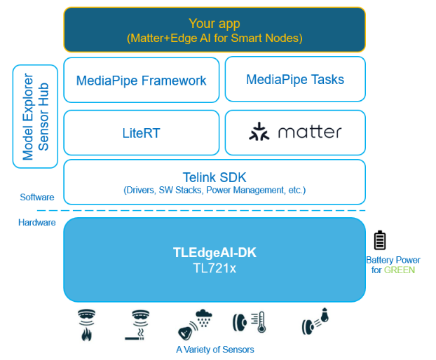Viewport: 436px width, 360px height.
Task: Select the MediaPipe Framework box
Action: (x=141, y=80)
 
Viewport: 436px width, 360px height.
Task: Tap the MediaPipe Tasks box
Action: (x=295, y=79)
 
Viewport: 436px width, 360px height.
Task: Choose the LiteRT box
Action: (x=141, y=132)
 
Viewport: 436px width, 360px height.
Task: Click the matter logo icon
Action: (x=259, y=132)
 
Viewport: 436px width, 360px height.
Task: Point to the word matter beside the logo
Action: (x=309, y=132)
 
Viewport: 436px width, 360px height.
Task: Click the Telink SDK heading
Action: (x=214, y=176)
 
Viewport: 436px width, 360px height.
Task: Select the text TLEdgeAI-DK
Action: (x=214, y=253)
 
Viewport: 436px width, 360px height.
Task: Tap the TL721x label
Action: (x=214, y=268)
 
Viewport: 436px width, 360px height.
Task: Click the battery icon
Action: (x=379, y=240)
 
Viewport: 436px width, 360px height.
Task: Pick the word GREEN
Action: (x=400, y=270)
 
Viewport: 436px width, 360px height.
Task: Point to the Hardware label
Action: (x=37, y=223)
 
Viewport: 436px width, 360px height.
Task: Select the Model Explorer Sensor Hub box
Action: (x=35, y=116)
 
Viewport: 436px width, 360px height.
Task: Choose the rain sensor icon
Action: (x=196, y=324)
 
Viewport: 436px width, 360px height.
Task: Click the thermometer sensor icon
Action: (x=249, y=323)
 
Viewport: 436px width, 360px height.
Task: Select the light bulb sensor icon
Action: (x=315, y=321)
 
